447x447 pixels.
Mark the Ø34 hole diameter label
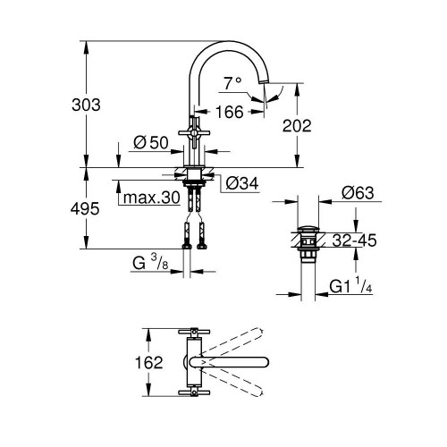point(240,182)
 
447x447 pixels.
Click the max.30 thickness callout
point(152,198)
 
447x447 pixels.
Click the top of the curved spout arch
point(231,42)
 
